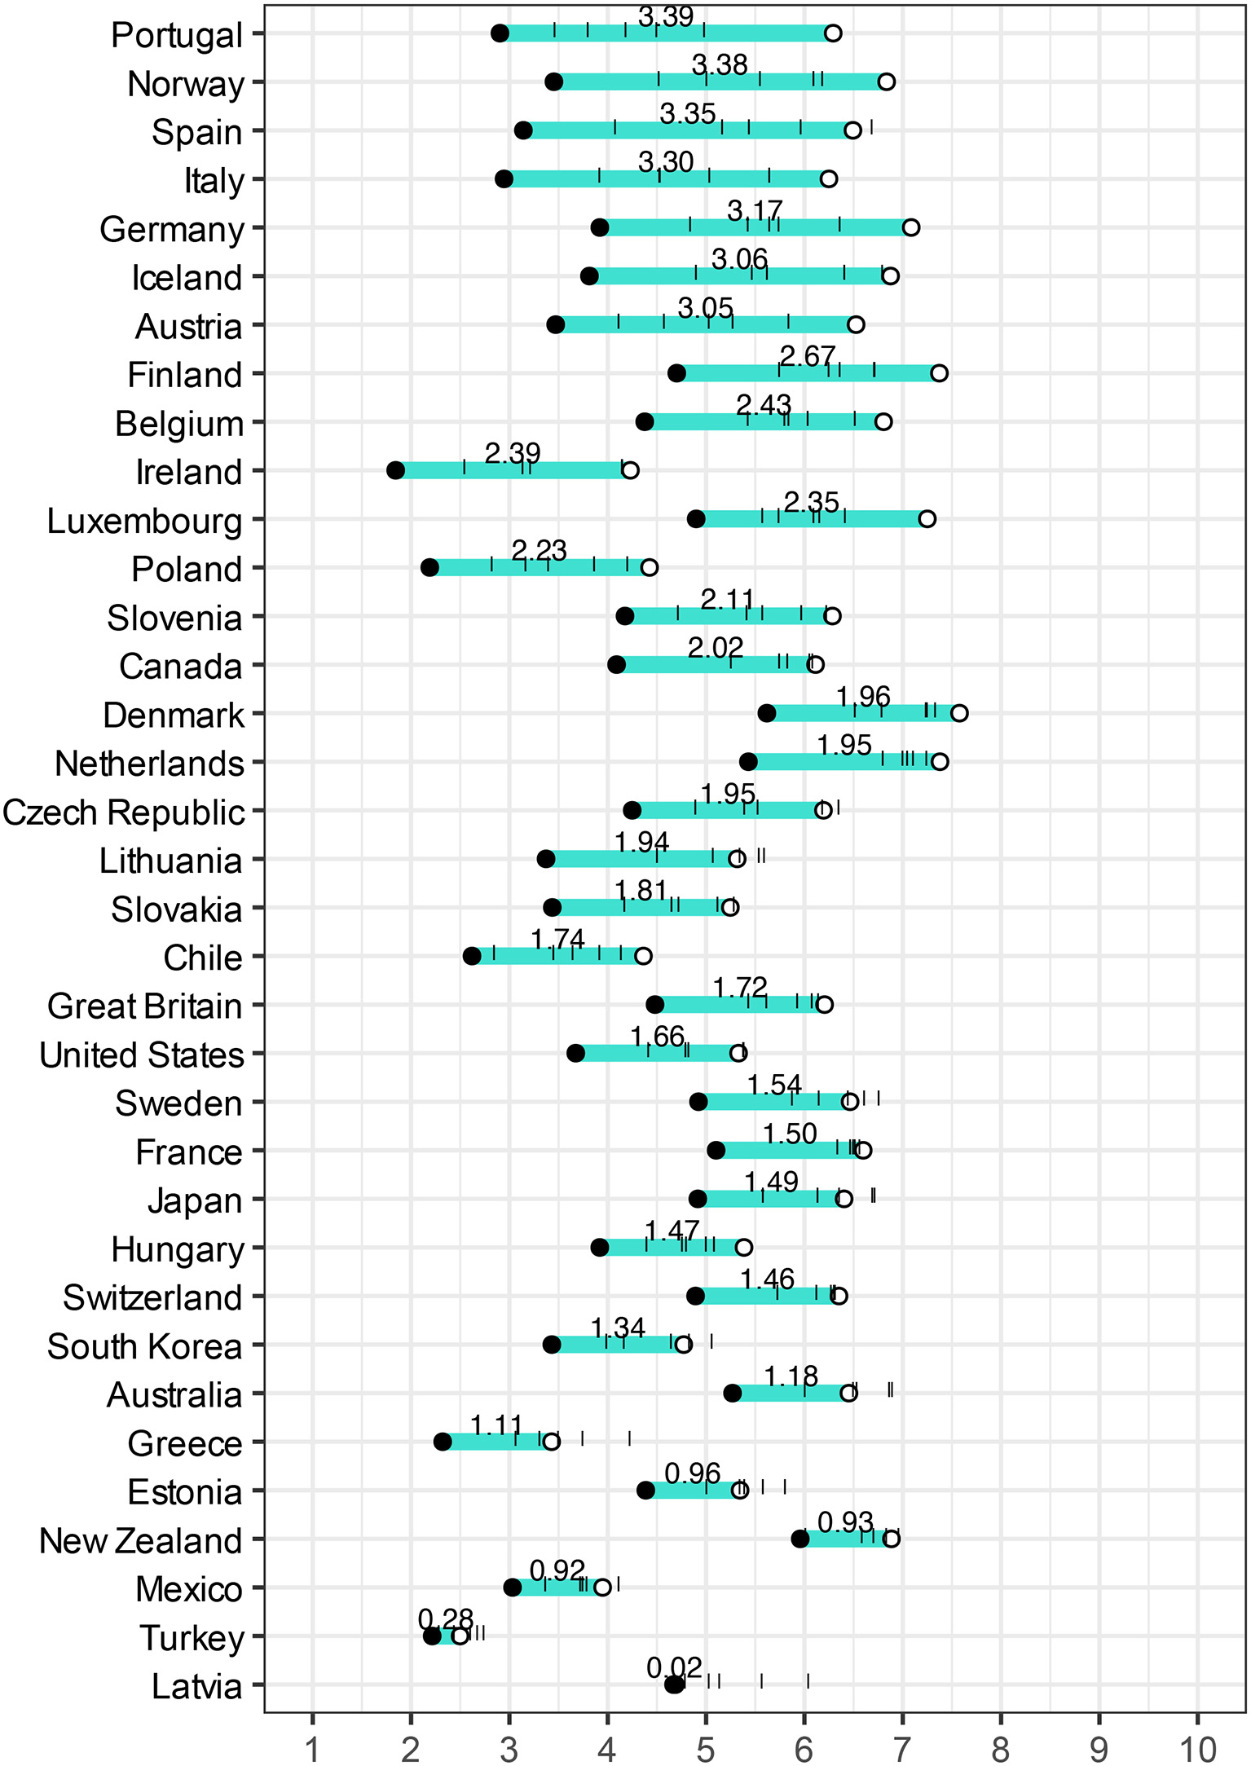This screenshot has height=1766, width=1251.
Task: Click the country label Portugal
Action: (177, 35)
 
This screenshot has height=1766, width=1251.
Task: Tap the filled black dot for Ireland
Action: (395, 470)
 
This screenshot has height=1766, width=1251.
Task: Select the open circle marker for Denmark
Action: (959, 713)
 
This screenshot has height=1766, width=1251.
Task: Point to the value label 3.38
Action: (720, 64)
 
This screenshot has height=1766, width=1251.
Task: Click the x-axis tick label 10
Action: (1196, 1749)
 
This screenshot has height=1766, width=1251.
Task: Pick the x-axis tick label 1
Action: (313, 1749)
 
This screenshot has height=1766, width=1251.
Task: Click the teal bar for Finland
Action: (807, 373)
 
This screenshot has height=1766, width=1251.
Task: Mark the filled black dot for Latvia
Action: (674, 1685)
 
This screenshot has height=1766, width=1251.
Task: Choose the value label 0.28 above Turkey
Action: (445, 1618)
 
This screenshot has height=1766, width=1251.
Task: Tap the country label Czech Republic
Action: (123, 813)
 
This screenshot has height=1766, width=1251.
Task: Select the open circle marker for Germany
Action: (910, 227)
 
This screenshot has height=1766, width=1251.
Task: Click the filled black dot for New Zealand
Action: (800, 1539)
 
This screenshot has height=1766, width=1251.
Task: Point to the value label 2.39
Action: (512, 453)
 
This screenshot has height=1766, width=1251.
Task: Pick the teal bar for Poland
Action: (538, 567)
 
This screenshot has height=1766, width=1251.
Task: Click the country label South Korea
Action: (144, 1346)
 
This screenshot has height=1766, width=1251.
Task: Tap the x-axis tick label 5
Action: (706, 1749)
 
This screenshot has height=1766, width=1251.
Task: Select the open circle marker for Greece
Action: (552, 1442)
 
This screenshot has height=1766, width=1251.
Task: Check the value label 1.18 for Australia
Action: (791, 1376)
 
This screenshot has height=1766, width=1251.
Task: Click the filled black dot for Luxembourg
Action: (696, 519)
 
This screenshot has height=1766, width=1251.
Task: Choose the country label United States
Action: (142, 1055)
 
